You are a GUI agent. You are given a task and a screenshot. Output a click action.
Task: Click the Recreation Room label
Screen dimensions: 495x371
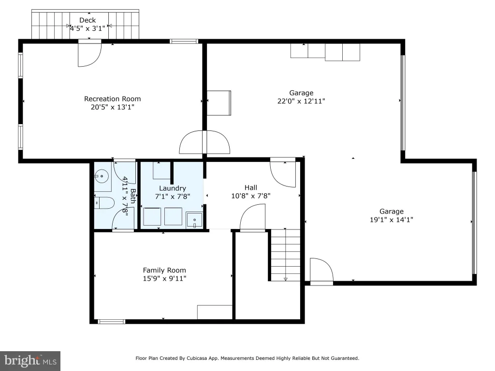pos(112,99)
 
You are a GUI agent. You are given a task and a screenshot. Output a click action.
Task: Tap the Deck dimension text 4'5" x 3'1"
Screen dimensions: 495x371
pos(87,29)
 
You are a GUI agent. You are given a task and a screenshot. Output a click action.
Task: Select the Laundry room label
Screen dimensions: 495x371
pos(173,188)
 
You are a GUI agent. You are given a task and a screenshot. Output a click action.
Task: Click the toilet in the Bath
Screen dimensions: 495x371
pos(104,203)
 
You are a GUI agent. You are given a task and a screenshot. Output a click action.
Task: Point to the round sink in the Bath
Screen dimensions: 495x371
pos(102,176)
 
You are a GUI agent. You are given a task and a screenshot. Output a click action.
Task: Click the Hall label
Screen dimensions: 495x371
pos(251,187)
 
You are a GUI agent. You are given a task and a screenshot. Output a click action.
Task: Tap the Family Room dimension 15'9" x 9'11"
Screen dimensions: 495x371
pos(164,278)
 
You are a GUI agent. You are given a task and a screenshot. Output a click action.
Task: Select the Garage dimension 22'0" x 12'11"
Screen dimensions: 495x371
pos(301,101)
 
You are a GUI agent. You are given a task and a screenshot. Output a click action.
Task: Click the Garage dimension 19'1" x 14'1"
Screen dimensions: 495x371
pos(392,220)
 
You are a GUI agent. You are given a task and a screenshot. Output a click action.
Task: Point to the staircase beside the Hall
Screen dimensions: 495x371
pos(285,255)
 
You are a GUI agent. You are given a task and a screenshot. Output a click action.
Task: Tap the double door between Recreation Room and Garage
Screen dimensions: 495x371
pos(204,142)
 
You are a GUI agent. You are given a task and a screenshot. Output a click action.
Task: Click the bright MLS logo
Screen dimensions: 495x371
pos(30,361)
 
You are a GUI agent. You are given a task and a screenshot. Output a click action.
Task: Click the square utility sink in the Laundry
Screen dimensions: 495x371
pos(194,220)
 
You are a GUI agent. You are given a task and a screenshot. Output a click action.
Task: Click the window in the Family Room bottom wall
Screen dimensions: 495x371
pos(112,322)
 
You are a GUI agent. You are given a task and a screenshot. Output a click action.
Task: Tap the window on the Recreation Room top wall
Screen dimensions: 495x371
pos(184,42)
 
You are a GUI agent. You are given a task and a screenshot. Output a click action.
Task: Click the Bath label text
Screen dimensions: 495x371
pos(133,196)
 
